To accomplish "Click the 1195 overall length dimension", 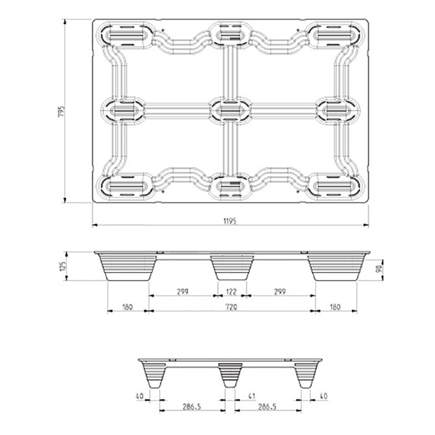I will point(229,221).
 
